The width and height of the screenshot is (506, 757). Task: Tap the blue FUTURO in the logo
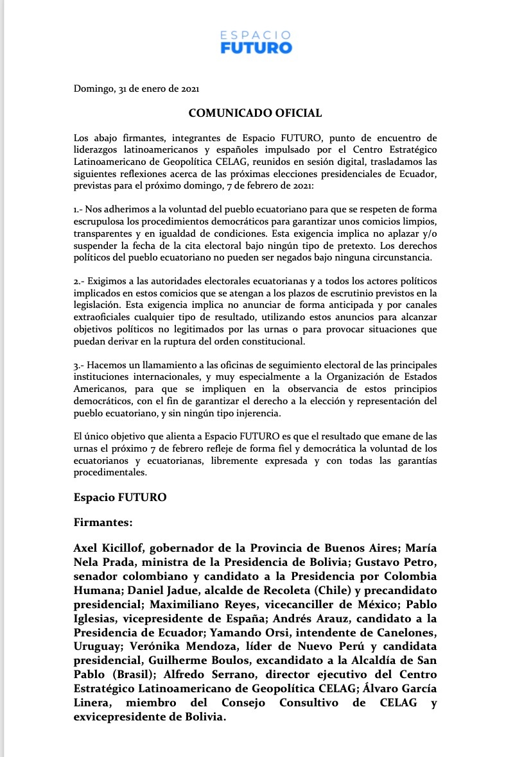(256, 47)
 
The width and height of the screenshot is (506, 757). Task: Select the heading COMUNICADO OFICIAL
(255, 114)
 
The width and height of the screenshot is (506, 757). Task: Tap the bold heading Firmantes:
(103, 522)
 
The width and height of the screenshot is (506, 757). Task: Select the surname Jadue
(181, 591)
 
